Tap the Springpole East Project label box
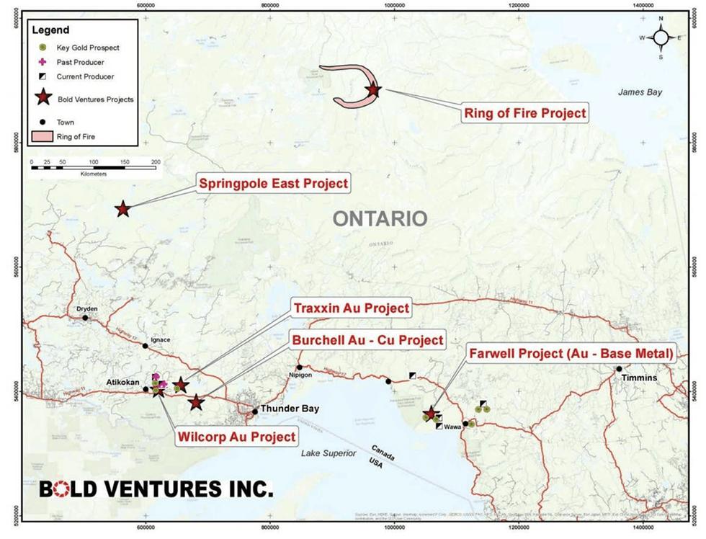point(273,184)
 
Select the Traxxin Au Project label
point(352,308)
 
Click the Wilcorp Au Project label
point(236,437)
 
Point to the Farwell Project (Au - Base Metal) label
point(571,354)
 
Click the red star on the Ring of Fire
point(372,90)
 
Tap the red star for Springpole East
point(122,209)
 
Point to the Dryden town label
point(86,309)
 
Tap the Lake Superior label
point(331,453)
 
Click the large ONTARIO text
point(380,218)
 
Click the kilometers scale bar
point(94,167)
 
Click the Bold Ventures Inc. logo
point(156,490)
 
